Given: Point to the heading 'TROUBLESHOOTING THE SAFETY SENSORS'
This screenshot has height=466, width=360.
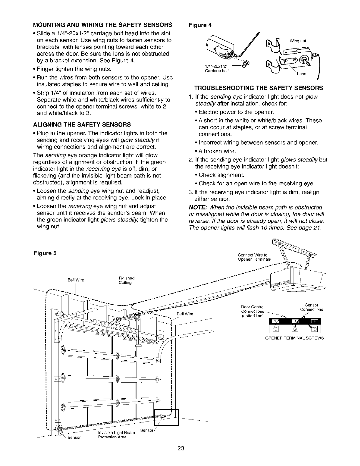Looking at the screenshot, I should (x=258, y=88).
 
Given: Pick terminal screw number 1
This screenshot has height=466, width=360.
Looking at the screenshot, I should (x=276, y=328).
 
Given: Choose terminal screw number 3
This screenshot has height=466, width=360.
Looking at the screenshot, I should (x=315, y=328).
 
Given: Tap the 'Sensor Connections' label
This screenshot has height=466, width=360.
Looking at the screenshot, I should (x=311, y=307).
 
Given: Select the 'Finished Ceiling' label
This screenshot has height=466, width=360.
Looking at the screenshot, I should (x=126, y=280).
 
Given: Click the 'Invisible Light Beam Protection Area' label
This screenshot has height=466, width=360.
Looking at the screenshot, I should (x=116, y=435).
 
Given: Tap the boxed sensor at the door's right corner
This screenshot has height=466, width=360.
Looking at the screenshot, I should (x=166, y=417).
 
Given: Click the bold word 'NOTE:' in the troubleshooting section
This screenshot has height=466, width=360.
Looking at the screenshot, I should (x=198, y=207).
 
